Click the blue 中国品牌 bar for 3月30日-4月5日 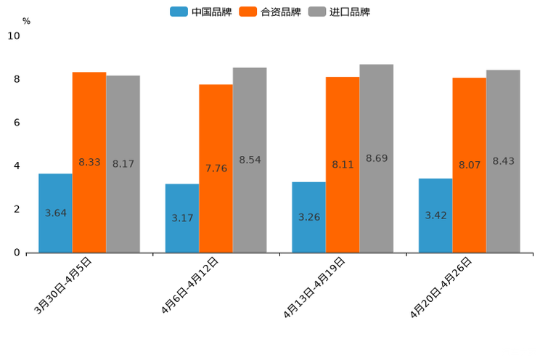(55, 213)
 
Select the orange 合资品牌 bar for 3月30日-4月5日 (89, 162)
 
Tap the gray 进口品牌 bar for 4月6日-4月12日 (250, 160)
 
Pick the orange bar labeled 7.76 (216, 168)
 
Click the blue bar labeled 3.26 (308, 217)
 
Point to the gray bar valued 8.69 (377, 158)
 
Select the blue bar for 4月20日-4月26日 (435, 216)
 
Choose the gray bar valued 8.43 (503, 161)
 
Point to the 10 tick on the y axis (14, 36)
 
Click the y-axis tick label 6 (17, 123)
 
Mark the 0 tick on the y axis (17, 253)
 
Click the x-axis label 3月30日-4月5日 (63, 285)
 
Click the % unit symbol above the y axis (26, 21)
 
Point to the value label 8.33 (89, 163)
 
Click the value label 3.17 (182, 218)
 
